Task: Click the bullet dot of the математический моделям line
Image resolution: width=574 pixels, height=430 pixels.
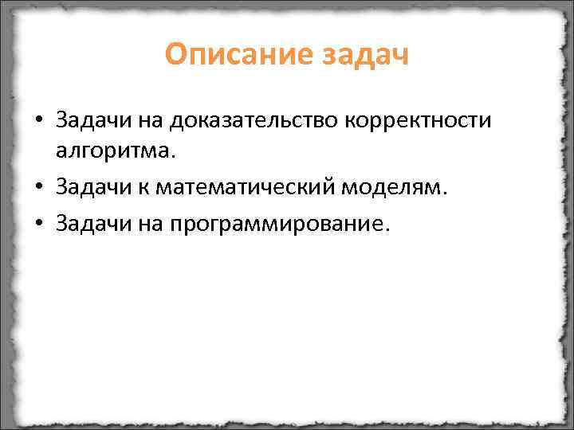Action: point(37,187)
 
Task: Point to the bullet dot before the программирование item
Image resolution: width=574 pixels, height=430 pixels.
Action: point(37,225)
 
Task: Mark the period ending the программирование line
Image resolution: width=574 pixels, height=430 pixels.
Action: point(387,229)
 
